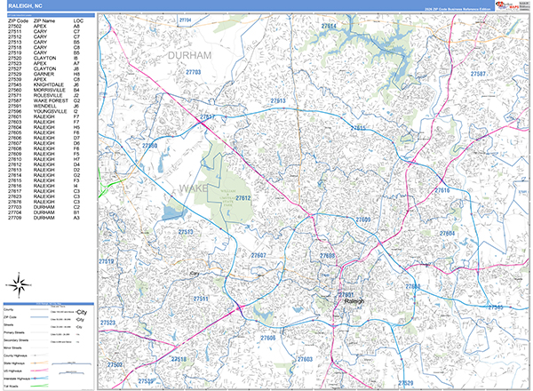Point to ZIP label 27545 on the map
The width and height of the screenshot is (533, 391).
coord(493,307)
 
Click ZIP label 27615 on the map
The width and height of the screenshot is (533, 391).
coord(358,129)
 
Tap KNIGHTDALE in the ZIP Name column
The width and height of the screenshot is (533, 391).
coord(49,85)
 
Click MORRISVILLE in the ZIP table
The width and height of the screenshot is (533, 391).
coord(51,91)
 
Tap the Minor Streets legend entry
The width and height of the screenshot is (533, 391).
coord(20,347)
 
